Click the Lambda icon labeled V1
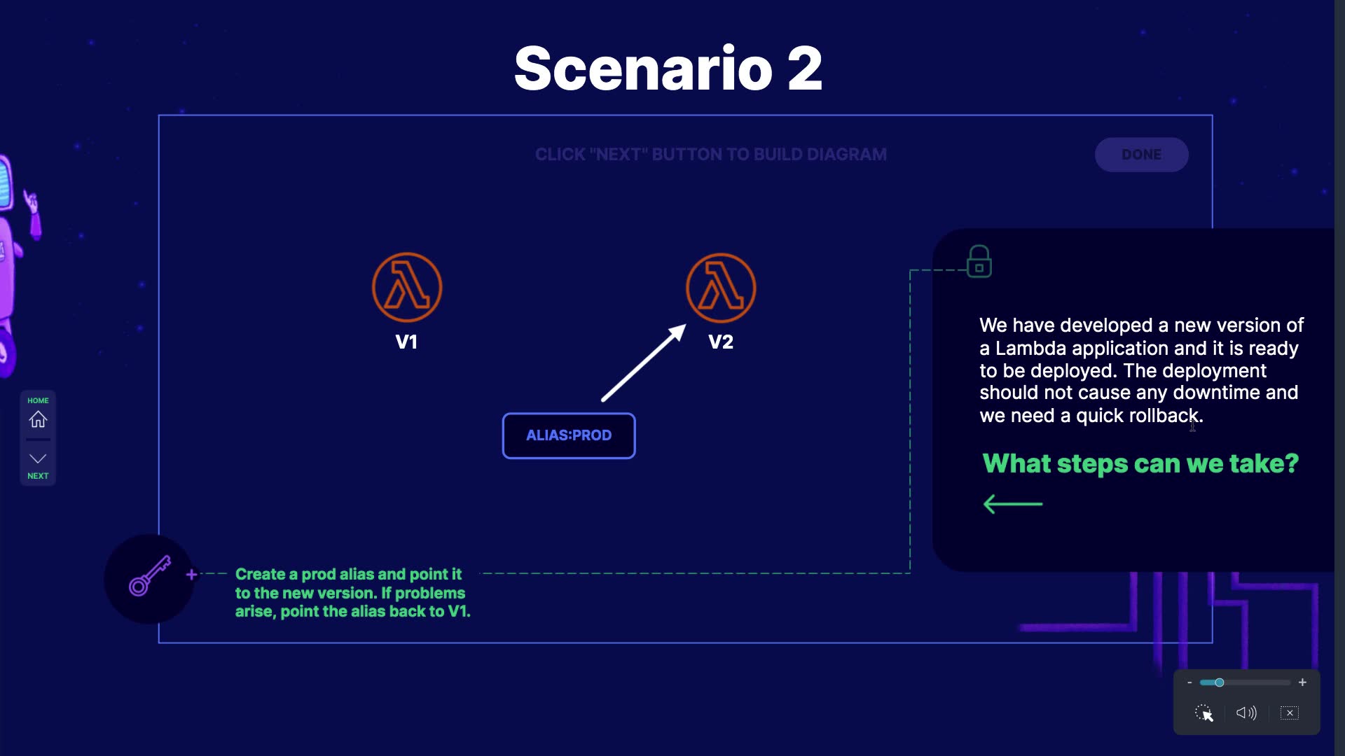(406, 288)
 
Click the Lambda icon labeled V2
(720, 288)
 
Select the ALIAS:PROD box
(568, 435)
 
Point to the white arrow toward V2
(643, 363)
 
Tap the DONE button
(1141, 155)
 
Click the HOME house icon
(38, 419)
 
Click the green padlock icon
(979, 262)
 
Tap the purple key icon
(149, 576)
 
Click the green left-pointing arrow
(1012, 504)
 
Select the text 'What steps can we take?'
(1140, 463)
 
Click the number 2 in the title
(804, 69)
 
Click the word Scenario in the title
(642, 69)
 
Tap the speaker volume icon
(1246, 713)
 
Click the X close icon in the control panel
(1289, 713)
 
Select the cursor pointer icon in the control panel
(1204, 713)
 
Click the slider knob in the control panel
(1219, 682)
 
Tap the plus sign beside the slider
(1302, 682)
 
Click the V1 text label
(406, 342)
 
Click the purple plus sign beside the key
(191, 575)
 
